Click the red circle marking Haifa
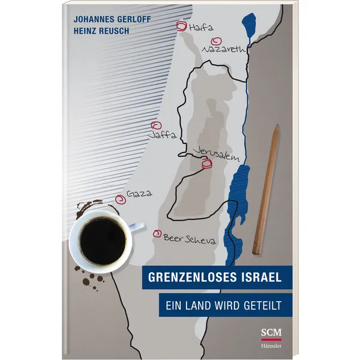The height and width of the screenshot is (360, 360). tap(181, 26)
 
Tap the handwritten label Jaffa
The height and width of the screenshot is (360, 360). tap(162, 137)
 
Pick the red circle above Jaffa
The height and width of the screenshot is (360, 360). tap(157, 126)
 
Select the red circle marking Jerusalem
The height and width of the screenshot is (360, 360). tap(207, 164)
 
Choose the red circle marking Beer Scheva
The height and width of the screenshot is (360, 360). tap(158, 234)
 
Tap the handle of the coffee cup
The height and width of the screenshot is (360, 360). tap(136, 226)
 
